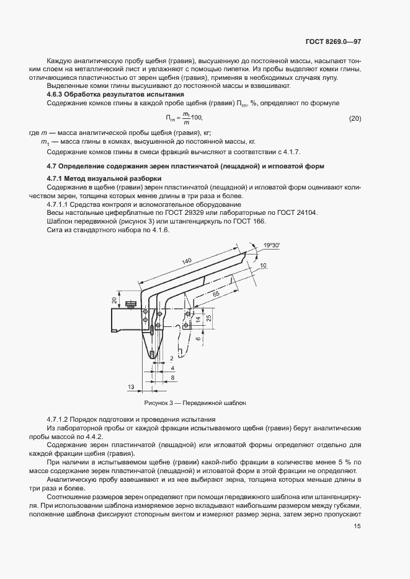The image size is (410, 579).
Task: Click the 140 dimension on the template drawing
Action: pyautogui.click(x=187, y=263)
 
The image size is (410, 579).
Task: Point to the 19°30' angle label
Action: pyautogui.click(x=271, y=246)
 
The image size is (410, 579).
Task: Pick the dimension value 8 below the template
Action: pyautogui.click(x=172, y=377)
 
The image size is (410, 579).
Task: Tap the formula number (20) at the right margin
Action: pyautogui.click(x=355, y=118)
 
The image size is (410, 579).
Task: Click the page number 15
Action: pyautogui.click(x=357, y=526)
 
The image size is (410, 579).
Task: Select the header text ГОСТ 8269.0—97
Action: pyautogui.click(x=333, y=42)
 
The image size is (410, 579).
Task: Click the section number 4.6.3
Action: pyautogui.click(x=58, y=94)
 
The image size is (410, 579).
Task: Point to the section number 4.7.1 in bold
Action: pyautogui.click(x=58, y=178)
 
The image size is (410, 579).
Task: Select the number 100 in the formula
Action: pyautogui.click(x=195, y=118)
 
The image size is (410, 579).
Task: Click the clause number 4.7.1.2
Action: pyautogui.click(x=61, y=420)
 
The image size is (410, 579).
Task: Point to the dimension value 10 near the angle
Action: pyautogui.click(x=263, y=265)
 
